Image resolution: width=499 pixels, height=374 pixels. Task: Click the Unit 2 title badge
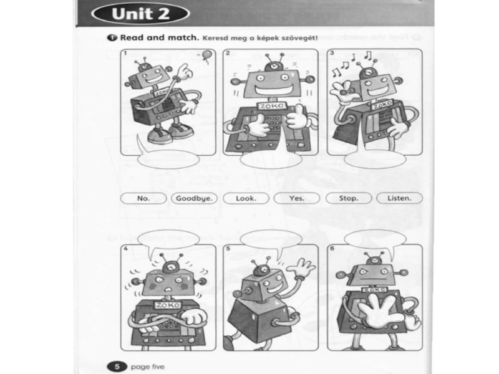[x=140, y=14]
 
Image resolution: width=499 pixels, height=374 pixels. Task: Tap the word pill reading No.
[x=143, y=198]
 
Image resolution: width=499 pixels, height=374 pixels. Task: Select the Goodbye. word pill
[x=194, y=198]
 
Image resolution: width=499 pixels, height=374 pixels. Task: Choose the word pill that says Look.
[x=246, y=198]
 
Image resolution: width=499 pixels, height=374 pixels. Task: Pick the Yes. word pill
[x=297, y=198]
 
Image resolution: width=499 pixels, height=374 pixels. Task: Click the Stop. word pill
[x=349, y=198]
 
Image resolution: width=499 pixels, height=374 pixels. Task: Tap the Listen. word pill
[x=399, y=198]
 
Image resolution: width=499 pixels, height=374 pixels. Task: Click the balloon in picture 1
[x=206, y=56]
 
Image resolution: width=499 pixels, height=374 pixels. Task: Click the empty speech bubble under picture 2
[x=271, y=160]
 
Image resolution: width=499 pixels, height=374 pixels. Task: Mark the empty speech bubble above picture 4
[x=168, y=239]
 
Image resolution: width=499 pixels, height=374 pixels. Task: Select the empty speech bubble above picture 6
[x=375, y=239]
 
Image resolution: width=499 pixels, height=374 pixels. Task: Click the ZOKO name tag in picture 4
[x=167, y=305]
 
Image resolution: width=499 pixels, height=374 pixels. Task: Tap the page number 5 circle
[x=117, y=367]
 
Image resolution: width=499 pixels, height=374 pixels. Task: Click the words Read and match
[x=160, y=37]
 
